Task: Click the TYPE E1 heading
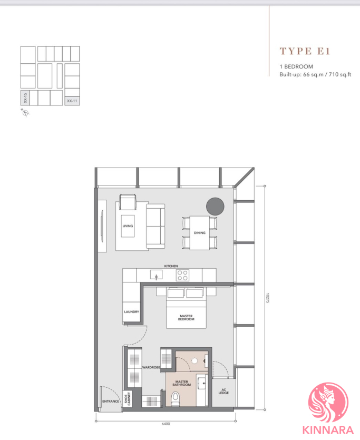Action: (x=305, y=51)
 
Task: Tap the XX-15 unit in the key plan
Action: (x=25, y=97)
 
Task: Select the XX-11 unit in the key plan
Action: (x=72, y=101)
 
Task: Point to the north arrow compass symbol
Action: (x=25, y=113)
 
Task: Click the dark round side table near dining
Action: (x=215, y=206)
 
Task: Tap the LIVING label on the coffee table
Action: (x=128, y=226)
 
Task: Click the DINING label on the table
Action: (x=199, y=232)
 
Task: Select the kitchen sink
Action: (x=157, y=275)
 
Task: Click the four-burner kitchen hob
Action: (x=182, y=275)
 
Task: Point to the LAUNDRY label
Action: (x=131, y=312)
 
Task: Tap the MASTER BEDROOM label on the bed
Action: (x=186, y=318)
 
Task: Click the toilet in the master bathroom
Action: (x=176, y=399)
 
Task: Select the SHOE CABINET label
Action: (x=128, y=399)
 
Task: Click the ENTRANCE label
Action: (x=111, y=402)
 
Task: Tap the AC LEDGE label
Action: (x=223, y=391)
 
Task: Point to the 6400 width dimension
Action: (x=166, y=424)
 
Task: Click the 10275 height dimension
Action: (x=267, y=298)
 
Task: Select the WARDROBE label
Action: (x=151, y=367)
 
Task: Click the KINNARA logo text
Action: (x=328, y=430)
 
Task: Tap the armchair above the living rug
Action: (x=128, y=202)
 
